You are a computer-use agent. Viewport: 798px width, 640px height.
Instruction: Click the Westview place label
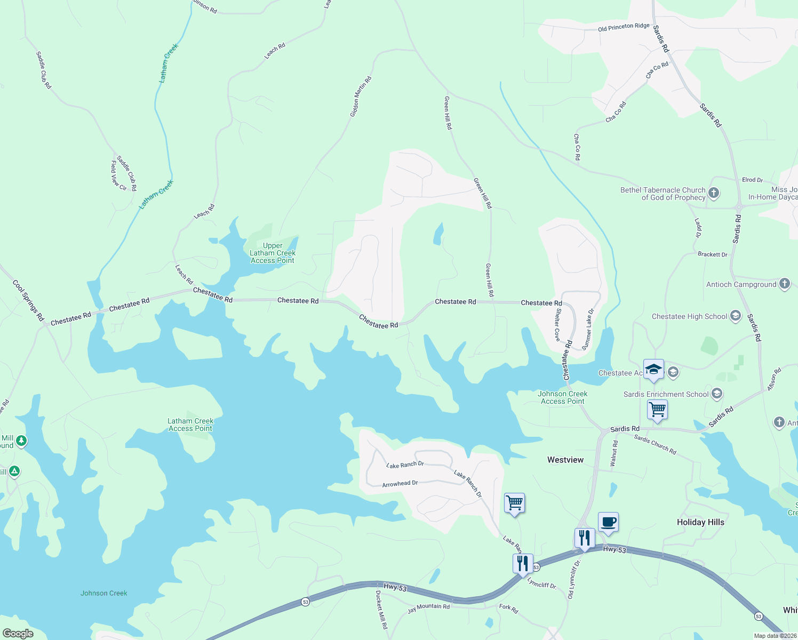pos(565,460)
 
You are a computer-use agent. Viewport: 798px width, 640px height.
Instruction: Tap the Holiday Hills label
pos(700,522)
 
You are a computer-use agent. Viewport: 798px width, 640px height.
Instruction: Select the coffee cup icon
pos(608,522)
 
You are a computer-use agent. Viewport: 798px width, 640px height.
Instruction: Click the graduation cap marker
pos(653,370)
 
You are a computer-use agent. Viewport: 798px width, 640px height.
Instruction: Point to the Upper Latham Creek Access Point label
pos(273,253)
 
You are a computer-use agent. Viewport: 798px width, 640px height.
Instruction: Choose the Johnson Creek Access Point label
pos(563,397)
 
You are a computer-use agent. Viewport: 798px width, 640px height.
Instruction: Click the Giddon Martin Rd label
pos(361,97)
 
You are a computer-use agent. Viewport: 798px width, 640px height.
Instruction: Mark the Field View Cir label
pos(118,175)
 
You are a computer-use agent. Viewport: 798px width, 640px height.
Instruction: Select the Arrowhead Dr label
pos(400,484)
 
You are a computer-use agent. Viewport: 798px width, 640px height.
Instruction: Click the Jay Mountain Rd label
pos(428,607)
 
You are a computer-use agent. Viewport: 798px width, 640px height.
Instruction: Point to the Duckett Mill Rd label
pos(381,610)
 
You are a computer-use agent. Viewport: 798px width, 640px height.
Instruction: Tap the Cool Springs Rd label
pos(28,300)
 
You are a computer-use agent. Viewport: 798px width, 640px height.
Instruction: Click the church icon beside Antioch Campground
pos(784,284)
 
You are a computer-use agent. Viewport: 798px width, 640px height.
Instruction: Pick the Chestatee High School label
pos(689,317)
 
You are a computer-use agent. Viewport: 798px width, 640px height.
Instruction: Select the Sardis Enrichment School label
pos(666,395)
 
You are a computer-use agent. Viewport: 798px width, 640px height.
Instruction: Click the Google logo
pos(18,634)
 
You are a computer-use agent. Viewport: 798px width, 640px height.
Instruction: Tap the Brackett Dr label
pos(712,254)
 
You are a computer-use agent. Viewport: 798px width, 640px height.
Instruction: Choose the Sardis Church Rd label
pos(655,445)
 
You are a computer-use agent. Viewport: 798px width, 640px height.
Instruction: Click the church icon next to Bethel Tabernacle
pos(714,193)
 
